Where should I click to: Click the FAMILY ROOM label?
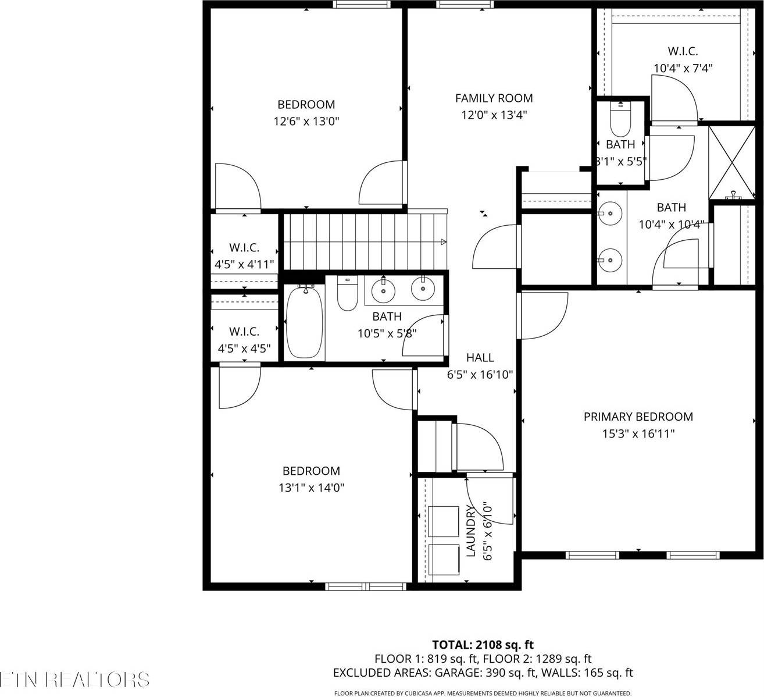494,98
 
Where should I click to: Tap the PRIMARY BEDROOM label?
638,417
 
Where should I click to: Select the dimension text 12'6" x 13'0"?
306,122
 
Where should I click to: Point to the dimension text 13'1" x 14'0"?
311,488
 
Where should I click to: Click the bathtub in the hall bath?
304,322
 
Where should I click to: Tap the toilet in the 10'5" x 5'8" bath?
347,294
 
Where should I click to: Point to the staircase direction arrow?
443,242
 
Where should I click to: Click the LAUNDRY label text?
471,531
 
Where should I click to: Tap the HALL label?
480,358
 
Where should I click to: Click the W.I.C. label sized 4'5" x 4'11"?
244,248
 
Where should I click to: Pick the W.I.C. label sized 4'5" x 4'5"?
244,332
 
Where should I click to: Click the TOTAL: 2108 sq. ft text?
483,645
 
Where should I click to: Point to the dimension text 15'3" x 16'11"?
638,434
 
